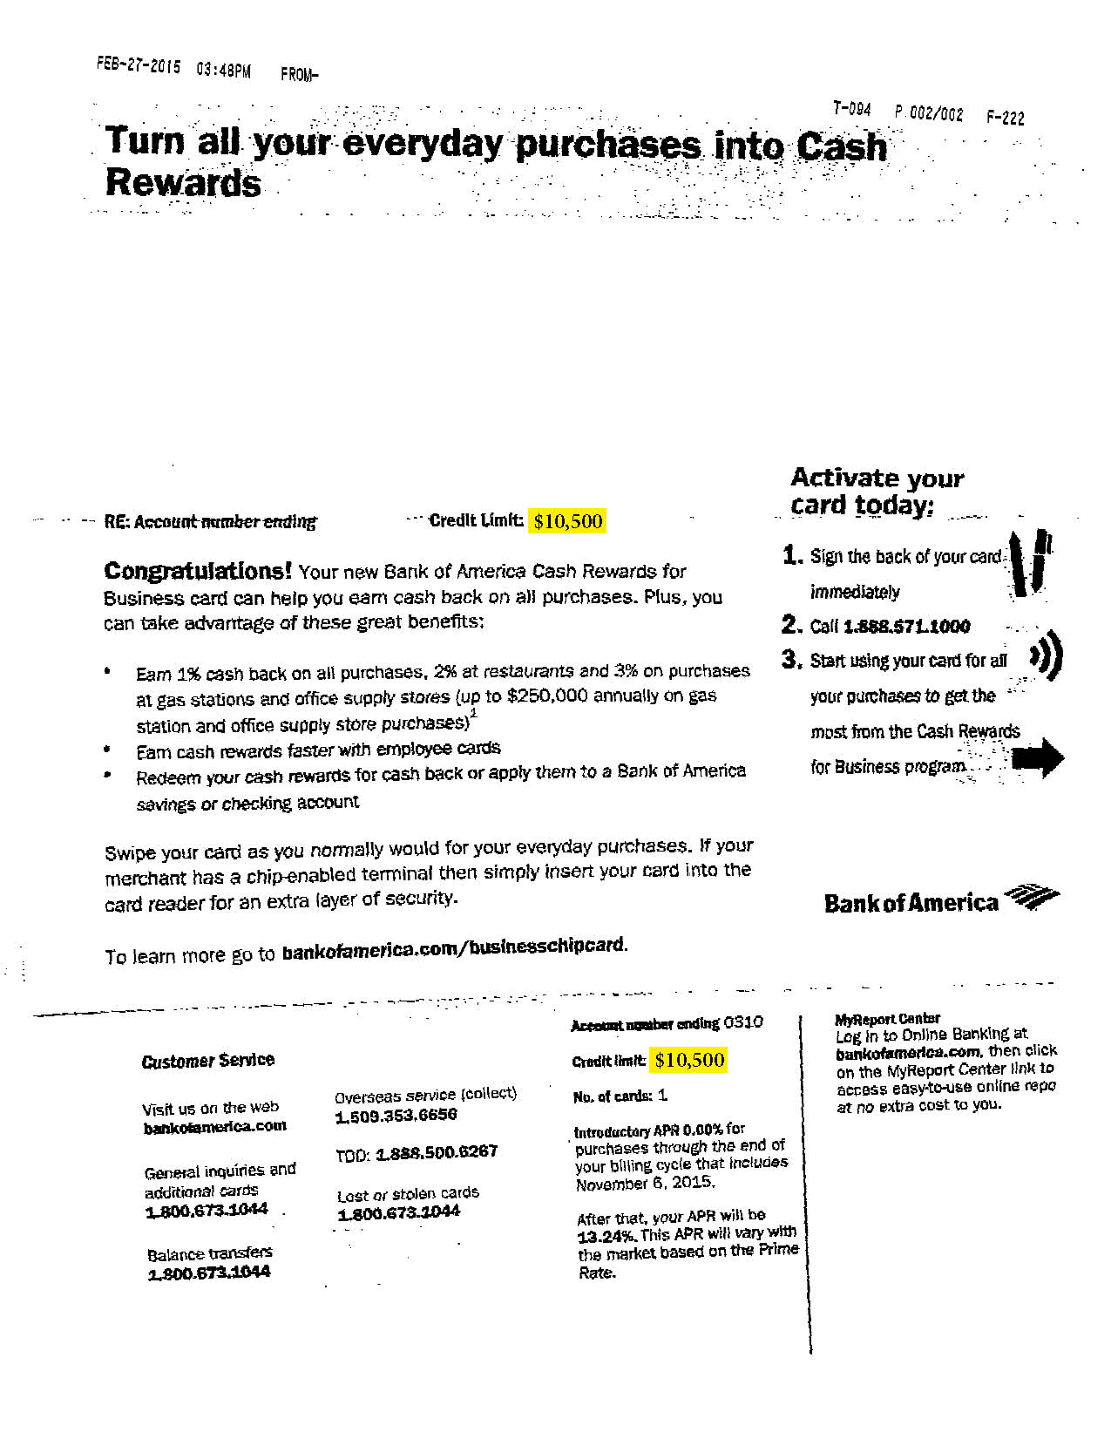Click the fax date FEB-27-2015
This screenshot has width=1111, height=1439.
tap(139, 66)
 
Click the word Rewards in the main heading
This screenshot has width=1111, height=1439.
tap(183, 183)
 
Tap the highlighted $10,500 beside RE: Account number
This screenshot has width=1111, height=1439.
tap(567, 521)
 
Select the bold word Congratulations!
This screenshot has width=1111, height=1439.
tap(198, 571)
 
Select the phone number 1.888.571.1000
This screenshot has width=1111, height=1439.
tap(906, 627)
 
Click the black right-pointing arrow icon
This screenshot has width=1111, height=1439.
tap(1037, 757)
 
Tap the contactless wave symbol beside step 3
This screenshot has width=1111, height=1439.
tap(1046, 656)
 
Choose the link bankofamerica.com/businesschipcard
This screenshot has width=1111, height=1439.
tap(452, 947)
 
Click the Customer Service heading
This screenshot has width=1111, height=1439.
tap(207, 1060)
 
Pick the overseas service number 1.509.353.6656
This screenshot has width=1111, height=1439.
tap(396, 1116)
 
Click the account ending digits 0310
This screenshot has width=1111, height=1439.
tap(742, 1022)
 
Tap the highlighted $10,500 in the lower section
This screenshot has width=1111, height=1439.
tap(689, 1060)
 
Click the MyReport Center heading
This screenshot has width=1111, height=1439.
tap(887, 1018)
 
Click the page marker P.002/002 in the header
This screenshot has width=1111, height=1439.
tap(928, 113)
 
